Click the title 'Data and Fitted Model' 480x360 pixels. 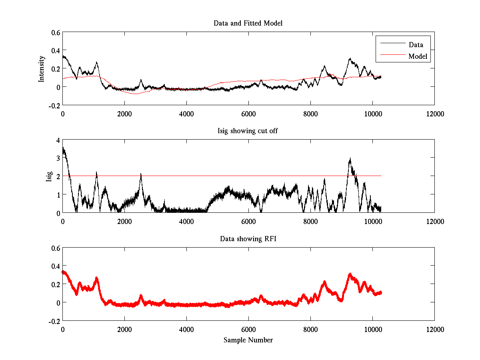click(x=248, y=23)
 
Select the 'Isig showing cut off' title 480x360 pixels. click(x=248, y=131)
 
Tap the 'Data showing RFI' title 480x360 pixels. click(x=248, y=239)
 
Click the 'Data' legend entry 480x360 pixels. click(x=416, y=44)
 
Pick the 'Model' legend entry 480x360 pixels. click(x=418, y=56)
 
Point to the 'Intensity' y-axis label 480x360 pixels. click(x=41, y=69)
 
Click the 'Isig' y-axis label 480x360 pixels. click(x=49, y=176)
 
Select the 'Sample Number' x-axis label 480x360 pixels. click(x=248, y=340)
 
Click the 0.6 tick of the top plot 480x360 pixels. click(x=55, y=32)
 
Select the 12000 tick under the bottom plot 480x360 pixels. click(x=434, y=330)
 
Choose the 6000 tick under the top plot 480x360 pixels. click(x=248, y=114)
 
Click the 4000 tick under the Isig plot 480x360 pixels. click(x=186, y=222)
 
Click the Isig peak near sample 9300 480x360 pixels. click(x=350, y=159)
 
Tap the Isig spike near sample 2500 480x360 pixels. click(x=141, y=174)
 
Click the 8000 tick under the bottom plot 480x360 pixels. click(x=310, y=330)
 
